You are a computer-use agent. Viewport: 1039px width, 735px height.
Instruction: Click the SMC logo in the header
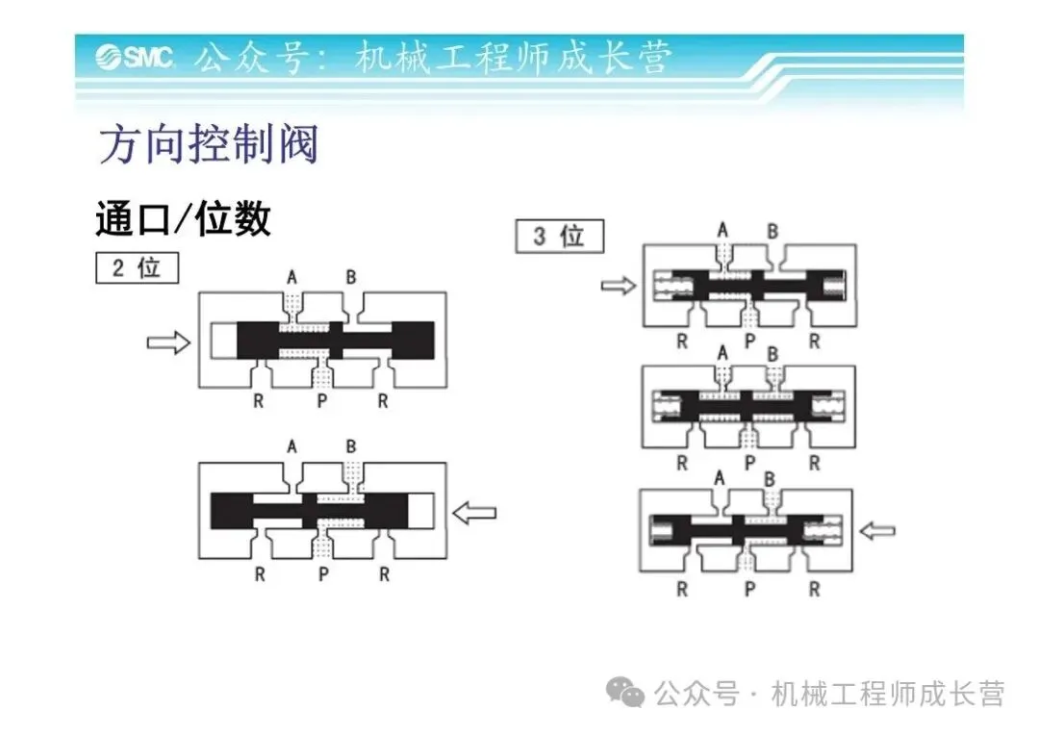click(x=134, y=58)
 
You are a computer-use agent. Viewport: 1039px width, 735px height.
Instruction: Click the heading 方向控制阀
click(x=208, y=144)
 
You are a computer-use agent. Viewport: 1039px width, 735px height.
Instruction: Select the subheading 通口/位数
click(x=183, y=219)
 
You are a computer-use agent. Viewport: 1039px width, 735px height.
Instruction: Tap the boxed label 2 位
click(x=137, y=267)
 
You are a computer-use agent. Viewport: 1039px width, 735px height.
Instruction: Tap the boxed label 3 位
click(x=560, y=236)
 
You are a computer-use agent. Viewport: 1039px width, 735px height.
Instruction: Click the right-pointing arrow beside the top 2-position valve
click(x=168, y=342)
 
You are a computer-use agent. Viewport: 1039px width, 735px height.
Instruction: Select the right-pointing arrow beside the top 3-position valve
click(x=618, y=285)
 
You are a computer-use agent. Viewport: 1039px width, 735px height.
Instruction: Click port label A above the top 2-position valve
click(x=292, y=277)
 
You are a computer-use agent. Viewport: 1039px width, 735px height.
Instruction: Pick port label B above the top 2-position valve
click(x=352, y=277)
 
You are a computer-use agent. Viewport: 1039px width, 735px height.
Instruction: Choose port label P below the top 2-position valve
click(x=322, y=401)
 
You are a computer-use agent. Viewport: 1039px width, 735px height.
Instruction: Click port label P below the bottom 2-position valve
click(x=322, y=575)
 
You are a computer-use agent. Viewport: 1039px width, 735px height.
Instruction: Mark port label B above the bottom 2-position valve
click(x=352, y=446)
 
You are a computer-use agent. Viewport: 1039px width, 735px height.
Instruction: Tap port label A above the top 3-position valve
click(x=722, y=230)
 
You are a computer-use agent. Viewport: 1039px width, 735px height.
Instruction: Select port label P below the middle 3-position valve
click(x=748, y=464)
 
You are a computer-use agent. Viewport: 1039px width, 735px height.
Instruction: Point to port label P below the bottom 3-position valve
click(x=748, y=590)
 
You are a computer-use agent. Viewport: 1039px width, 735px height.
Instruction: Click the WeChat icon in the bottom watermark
click(x=630, y=693)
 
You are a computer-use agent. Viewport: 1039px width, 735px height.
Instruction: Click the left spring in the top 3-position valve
click(x=670, y=285)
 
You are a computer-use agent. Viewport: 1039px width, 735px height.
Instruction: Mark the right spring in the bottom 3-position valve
click(x=827, y=529)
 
